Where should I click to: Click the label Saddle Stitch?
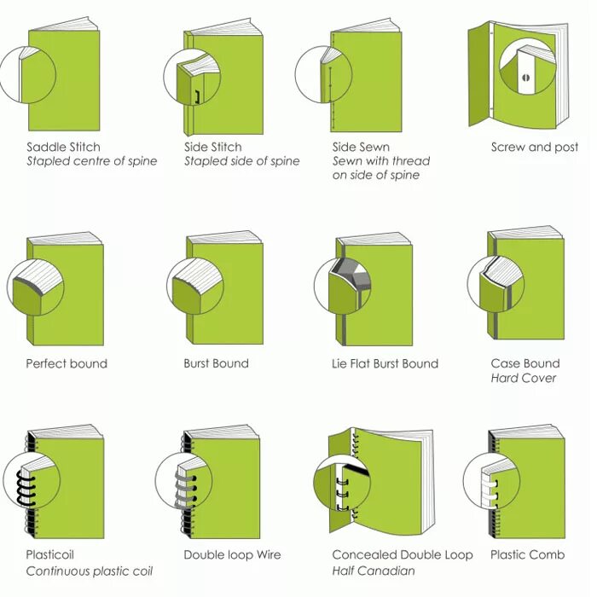tap(63, 147)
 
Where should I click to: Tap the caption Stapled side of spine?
tap(241, 161)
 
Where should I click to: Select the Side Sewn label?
tap(361, 147)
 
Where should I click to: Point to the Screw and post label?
tap(534, 147)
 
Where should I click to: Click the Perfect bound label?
tap(67, 363)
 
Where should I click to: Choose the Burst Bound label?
tap(216, 363)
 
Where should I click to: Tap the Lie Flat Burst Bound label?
tap(385, 363)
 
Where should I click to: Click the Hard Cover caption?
tap(523, 378)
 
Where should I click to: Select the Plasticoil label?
tap(54, 554)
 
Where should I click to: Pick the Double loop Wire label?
tap(233, 554)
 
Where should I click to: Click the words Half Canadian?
tap(373, 570)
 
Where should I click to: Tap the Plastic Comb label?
tap(527, 554)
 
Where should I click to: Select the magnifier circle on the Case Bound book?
tap(496, 283)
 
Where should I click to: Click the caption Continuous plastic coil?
tap(89, 570)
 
